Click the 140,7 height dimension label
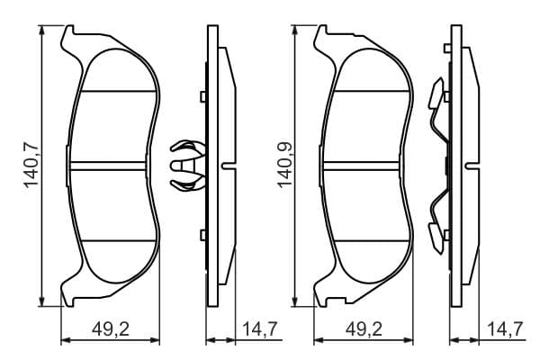(31, 166)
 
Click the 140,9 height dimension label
(285, 166)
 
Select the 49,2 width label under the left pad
(111, 329)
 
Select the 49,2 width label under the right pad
(364, 329)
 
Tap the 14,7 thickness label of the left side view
(260, 329)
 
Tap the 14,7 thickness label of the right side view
(506, 329)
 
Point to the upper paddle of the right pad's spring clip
(436, 94)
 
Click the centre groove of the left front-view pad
(107, 166)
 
